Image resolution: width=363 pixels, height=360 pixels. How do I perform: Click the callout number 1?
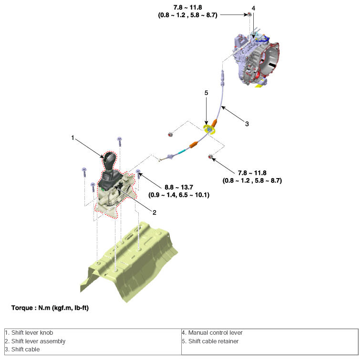click(x=73, y=138)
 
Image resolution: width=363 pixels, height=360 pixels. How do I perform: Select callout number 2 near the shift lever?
click(x=155, y=212)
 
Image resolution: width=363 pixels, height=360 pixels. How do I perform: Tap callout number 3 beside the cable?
click(x=247, y=124)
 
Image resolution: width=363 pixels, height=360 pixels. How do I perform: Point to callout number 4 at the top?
click(x=253, y=9)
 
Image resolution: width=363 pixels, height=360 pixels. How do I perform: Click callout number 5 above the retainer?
click(x=206, y=94)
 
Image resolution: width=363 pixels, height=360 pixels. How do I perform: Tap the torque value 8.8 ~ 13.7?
click(x=178, y=188)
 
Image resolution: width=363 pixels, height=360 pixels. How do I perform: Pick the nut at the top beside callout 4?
click(x=249, y=15)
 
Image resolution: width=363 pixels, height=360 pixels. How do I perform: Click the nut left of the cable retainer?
click(x=170, y=134)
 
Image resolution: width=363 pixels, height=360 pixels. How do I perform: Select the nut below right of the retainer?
click(x=210, y=156)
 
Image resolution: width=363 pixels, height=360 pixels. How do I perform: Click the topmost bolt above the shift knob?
click(x=120, y=140)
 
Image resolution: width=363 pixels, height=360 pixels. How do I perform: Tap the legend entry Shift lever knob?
click(x=29, y=333)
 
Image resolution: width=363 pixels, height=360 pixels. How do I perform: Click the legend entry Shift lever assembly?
click(x=35, y=341)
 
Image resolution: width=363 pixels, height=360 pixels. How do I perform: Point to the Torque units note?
click(x=50, y=308)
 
